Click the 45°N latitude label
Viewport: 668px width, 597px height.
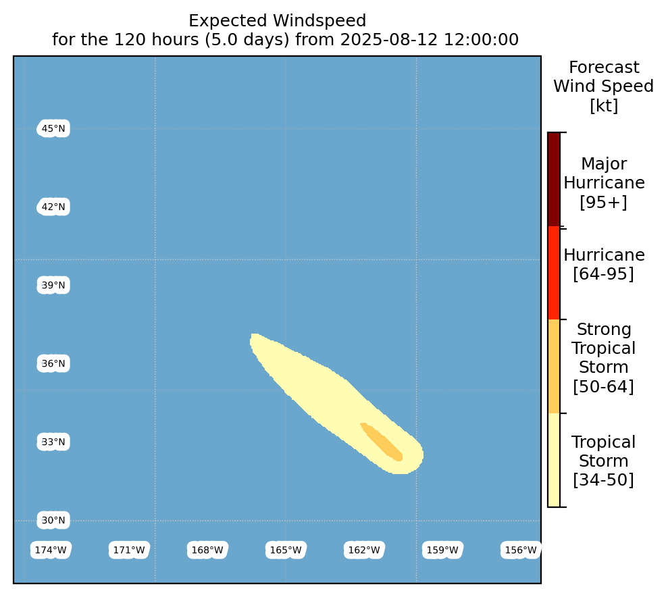tap(53, 128)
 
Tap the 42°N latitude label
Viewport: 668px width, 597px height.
tap(53, 207)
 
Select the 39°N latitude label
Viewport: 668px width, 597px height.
tap(53, 285)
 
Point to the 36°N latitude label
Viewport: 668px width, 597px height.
tap(53, 363)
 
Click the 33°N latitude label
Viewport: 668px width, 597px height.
tap(53, 442)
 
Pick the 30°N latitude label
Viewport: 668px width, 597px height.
tap(53, 521)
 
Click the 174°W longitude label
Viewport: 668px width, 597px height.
tap(51, 550)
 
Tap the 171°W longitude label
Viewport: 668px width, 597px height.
tap(129, 550)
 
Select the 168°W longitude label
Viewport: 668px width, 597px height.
tap(207, 550)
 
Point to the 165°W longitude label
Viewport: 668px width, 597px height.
tap(286, 550)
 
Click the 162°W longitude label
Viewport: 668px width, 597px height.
tap(364, 550)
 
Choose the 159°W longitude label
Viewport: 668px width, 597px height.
tap(442, 550)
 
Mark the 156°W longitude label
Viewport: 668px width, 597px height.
tap(521, 550)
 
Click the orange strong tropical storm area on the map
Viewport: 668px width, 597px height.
tap(382, 442)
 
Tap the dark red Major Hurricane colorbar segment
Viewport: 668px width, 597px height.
tap(554, 179)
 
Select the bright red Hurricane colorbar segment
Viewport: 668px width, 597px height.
tap(554, 273)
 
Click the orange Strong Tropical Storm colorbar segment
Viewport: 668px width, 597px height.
tap(554, 367)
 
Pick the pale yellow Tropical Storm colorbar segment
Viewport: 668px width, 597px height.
tap(554, 461)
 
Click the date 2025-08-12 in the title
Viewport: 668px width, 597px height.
tap(389, 40)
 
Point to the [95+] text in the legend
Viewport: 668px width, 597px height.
tap(604, 202)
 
